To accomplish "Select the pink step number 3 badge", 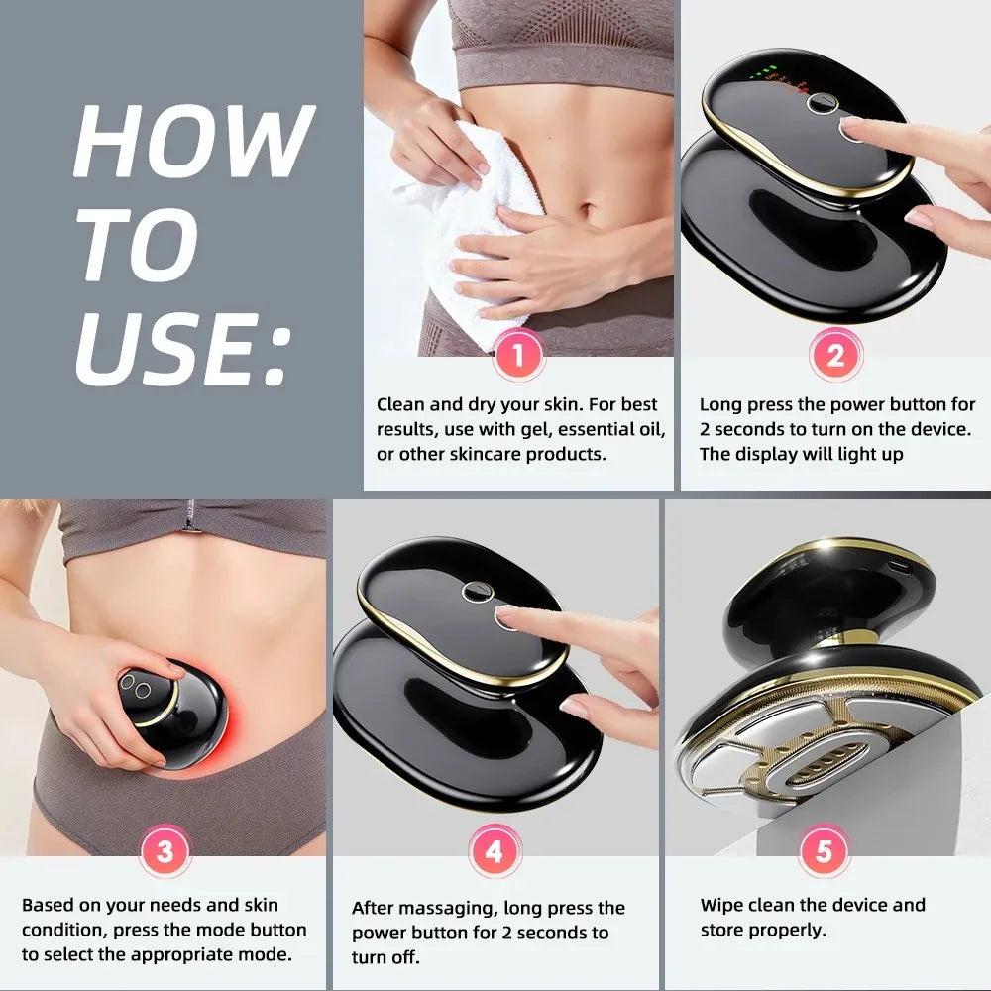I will [x=165, y=851].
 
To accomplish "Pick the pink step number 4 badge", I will [x=493, y=851].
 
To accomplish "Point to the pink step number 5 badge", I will [x=823, y=851].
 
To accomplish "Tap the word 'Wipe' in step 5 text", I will [x=721, y=905].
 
